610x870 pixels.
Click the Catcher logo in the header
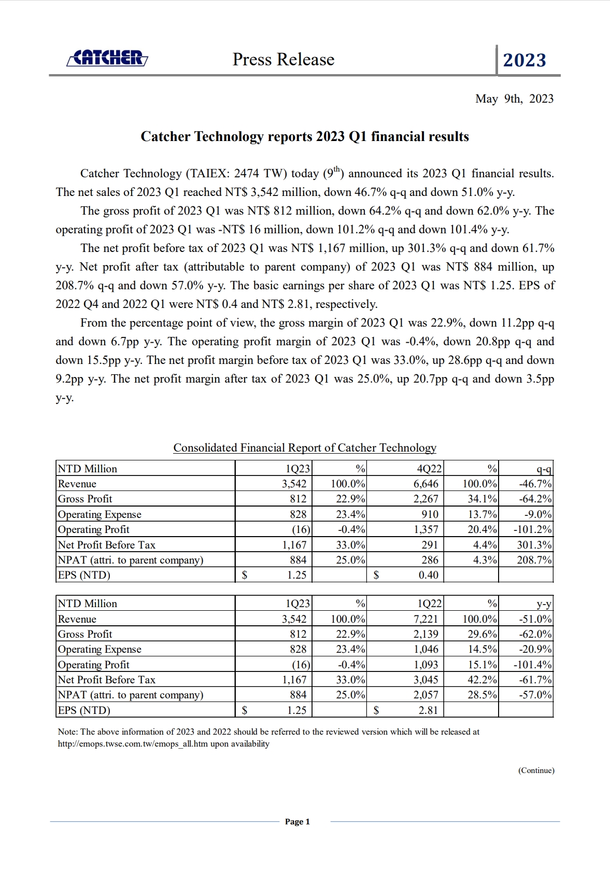point(107,58)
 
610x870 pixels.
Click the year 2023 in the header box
point(524,61)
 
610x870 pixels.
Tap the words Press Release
point(283,60)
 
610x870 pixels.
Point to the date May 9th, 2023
point(514,99)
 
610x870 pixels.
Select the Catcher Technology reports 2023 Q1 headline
point(305,136)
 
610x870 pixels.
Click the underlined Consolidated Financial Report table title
point(305,448)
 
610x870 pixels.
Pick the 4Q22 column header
point(429,469)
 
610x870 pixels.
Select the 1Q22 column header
point(429,604)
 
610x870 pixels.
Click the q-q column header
point(544,469)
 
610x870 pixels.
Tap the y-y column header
point(544,604)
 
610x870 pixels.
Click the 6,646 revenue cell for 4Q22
point(425,484)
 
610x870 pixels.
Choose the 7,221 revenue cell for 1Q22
point(425,619)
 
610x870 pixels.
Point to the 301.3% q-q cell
point(534,545)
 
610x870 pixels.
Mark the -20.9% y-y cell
point(535,649)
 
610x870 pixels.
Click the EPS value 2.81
point(428,710)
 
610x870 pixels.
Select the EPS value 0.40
point(428,575)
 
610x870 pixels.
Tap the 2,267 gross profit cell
point(425,499)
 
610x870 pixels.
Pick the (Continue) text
point(536,770)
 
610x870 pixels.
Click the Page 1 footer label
point(297,822)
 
